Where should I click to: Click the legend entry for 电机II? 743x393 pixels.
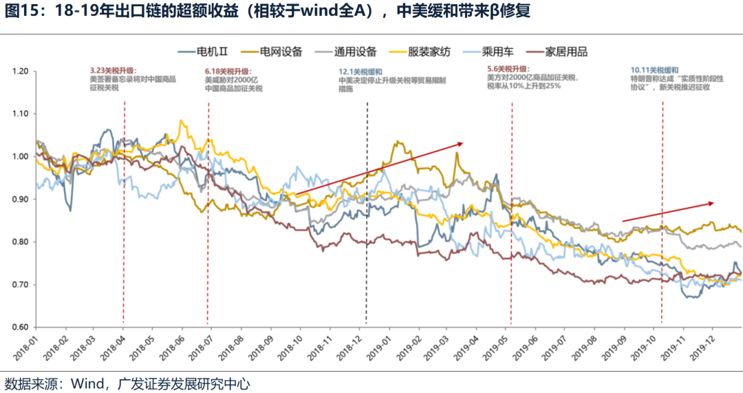pos(206,52)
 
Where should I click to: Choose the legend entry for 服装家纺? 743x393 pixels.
pos(428,52)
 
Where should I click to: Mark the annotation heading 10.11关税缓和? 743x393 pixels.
pos(654,71)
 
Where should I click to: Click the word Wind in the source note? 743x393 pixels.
pos(87,383)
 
